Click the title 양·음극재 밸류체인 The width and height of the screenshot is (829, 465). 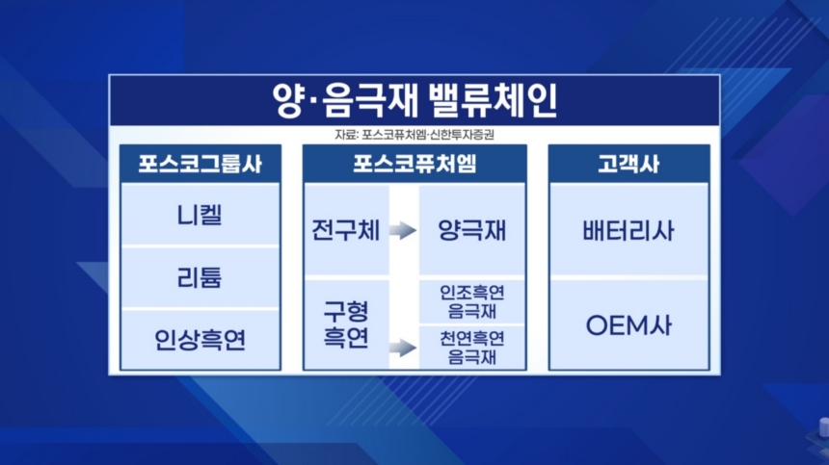(x=414, y=100)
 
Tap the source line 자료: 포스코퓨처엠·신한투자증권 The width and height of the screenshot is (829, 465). (x=414, y=135)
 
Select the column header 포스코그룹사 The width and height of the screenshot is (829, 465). (x=201, y=165)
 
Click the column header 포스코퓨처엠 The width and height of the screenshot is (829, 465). (x=414, y=165)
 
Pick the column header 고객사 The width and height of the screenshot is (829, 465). (x=628, y=165)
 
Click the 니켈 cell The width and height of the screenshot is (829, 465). (x=201, y=215)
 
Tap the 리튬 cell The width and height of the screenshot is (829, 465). (x=201, y=277)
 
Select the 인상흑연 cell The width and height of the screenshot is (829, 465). (x=201, y=340)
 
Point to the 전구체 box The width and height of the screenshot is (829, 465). (x=346, y=230)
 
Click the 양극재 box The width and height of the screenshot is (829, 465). (x=471, y=230)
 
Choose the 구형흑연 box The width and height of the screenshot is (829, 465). (x=346, y=324)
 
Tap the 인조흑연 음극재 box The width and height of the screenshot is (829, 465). (x=471, y=301)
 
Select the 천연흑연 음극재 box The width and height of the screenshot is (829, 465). (x=471, y=348)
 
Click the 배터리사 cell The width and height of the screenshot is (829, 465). (x=628, y=230)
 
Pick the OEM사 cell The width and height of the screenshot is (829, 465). (x=628, y=324)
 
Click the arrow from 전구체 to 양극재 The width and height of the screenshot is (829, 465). (x=403, y=230)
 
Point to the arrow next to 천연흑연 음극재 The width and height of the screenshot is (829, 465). (x=403, y=348)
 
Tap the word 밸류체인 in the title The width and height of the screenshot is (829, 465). (x=493, y=100)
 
